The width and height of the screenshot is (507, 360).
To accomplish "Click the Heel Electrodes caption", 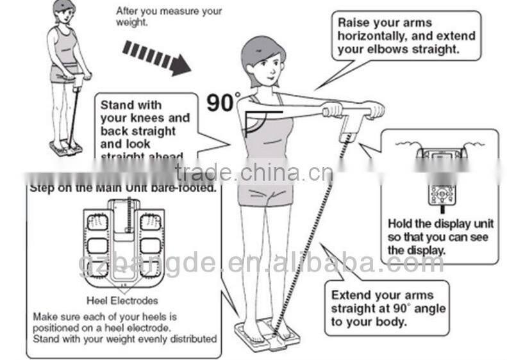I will (x=122, y=300).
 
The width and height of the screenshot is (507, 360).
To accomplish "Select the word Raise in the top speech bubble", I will (x=355, y=22).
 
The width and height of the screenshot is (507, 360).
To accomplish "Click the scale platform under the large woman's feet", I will (x=263, y=336).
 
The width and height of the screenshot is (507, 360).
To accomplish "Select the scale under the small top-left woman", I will (x=66, y=148).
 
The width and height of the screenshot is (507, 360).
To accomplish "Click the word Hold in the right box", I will (x=401, y=224).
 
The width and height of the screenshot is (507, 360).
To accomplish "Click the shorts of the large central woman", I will (x=265, y=189).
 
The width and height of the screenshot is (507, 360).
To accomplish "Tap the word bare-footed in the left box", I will (x=187, y=188).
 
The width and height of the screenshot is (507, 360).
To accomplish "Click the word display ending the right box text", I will (x=425, y=250).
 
